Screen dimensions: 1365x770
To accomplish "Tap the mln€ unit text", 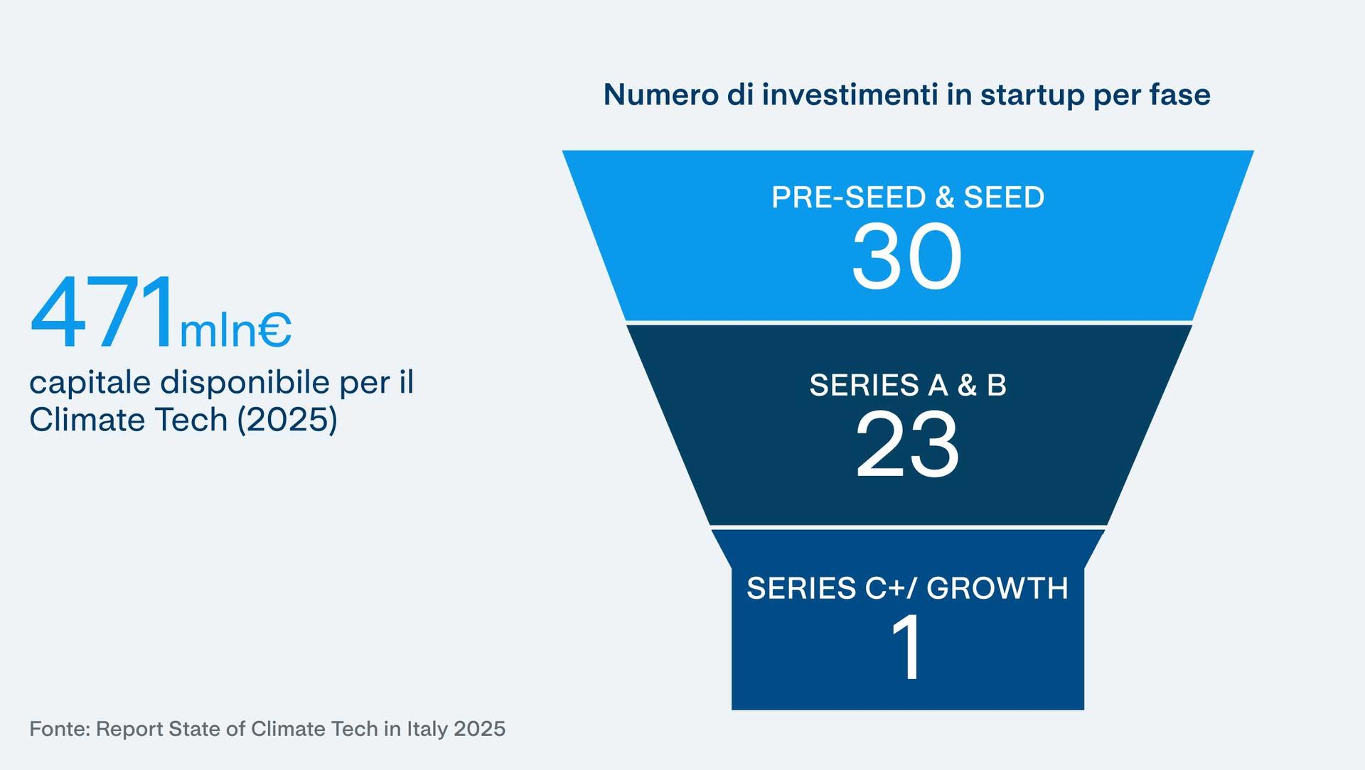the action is point(235,330).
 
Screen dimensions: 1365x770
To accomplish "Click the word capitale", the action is point(90,383).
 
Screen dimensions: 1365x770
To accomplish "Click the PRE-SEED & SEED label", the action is point(908,197).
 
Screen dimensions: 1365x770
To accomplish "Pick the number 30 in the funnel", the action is point(906,256).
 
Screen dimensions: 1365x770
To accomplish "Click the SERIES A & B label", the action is point(908,385).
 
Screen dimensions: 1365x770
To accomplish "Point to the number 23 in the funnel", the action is point(907,445).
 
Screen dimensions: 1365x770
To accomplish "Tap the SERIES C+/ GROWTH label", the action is point(908,588).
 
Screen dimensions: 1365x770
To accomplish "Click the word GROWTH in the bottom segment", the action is point(997,588).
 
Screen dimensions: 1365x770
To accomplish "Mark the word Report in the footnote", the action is point(129,730).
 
